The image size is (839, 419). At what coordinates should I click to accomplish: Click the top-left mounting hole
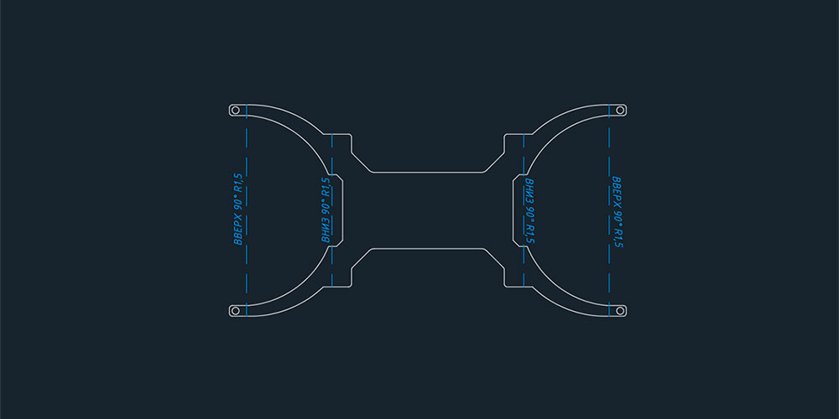[236, 110]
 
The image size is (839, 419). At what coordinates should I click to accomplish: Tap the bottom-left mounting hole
[236, 310]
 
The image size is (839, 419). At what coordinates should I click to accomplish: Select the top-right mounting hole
[620, 110]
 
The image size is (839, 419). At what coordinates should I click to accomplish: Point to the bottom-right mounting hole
[620, 310]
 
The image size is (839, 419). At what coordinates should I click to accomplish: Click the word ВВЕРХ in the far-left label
[238, 230]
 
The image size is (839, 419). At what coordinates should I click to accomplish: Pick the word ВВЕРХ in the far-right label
[617, 191]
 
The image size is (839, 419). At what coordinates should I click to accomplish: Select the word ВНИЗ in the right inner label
[529, 189]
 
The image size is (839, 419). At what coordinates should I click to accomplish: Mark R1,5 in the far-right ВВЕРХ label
[617, 238]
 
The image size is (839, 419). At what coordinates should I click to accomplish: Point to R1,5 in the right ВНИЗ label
[529, 234]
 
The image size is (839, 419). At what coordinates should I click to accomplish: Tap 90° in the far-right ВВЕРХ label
[617, 216]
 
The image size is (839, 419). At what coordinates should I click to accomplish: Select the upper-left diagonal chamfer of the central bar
[361, 162]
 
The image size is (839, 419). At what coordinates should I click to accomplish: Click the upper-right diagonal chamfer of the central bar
[495, 162]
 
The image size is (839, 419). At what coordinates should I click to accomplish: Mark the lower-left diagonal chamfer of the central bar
[361, 258]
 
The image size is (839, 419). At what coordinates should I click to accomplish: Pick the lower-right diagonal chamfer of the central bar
[495, 258]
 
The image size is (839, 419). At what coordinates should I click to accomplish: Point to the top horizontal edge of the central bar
[428, 172]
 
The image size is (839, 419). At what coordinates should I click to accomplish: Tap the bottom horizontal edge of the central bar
[428, 249]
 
